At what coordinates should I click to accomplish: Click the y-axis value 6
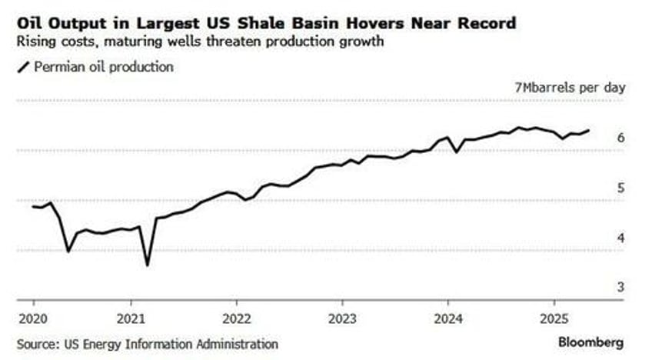pyautogui.click(x=620, y=138)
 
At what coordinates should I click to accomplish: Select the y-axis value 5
pyautogui.click(x=620, y=188)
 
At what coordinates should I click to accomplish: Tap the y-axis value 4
pyautogui.click(x=620, y=238)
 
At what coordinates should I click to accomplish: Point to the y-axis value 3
pyautogui.click(x=620, y=288)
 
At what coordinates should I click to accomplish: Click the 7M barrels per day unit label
pyautogui.click(x=570, y=87)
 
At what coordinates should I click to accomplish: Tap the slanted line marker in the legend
pyautogui.click(x=22, y=67)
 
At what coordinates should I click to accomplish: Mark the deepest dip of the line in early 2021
pyautogui.click(x=147, y=265)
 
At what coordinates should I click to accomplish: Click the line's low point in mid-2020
pyautogui.click(x=68, y=251)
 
